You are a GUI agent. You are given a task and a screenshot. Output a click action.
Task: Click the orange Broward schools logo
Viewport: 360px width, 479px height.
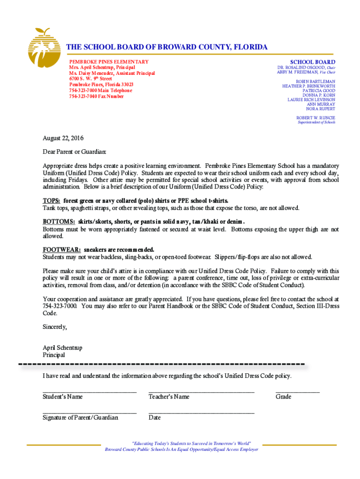[43, 48]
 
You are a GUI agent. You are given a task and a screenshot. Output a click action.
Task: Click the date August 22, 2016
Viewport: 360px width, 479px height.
[63, 138]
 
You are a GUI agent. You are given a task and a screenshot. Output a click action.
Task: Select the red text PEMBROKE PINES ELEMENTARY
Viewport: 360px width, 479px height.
[109, 62]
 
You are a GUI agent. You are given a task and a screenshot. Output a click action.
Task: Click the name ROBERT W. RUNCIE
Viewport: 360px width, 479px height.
[316, 118]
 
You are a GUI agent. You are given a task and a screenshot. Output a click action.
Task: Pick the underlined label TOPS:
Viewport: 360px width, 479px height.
[51, 201]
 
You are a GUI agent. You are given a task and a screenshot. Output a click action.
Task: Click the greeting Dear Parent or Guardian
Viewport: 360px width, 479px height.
[75, 152]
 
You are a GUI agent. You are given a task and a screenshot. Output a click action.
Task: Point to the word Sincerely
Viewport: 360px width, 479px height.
[55, 327]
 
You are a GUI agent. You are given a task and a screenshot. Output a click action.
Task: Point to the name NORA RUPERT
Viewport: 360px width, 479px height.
[321, 109]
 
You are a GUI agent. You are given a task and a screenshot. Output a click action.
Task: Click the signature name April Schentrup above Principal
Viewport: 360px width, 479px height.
[62, 348]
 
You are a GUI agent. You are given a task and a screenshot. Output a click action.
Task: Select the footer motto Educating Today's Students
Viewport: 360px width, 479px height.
[192, 443]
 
